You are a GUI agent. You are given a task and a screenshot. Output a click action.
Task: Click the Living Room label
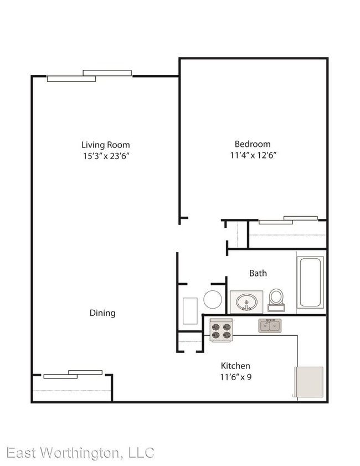(105, 145)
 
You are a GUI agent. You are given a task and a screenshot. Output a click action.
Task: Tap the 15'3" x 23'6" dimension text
(106, 156)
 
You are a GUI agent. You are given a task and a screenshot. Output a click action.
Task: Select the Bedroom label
(253, 144)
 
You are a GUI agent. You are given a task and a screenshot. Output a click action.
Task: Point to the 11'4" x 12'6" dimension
(253, 155)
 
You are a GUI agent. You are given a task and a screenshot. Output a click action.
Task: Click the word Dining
(102, 313)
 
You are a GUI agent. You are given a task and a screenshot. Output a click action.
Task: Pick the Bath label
(258, 273)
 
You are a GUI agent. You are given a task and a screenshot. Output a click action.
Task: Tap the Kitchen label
(235, 366)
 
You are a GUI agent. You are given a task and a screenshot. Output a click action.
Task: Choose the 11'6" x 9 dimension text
(235, 377)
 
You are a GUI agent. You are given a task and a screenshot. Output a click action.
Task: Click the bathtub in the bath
(310, 282)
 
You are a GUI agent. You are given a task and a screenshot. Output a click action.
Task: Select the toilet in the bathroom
(276, 300)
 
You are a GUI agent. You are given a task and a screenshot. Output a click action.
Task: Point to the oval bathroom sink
(246, 302)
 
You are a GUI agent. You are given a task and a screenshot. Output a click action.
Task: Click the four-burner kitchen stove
(221, 330)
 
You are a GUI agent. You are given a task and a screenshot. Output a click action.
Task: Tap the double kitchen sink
(270, 326)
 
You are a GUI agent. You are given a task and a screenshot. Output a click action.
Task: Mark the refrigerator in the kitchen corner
(308, 382)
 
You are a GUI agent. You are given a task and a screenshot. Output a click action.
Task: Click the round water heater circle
(213, 299)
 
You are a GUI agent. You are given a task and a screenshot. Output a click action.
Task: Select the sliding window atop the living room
(89, 75)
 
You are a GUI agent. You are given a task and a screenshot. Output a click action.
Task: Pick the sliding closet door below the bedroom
(288, 220)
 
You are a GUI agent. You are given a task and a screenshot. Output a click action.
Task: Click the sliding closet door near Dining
(73, 374)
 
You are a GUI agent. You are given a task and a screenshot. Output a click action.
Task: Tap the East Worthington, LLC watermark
(80, 453)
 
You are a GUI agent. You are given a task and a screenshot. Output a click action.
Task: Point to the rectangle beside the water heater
(190, 311)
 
